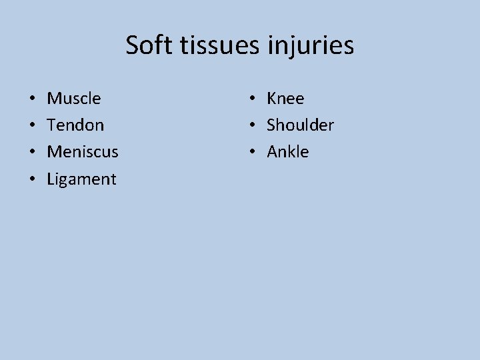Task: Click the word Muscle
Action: click(x=74, y=99)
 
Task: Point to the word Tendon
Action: click(x=75, y=125)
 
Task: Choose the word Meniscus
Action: click(x=83, y=152)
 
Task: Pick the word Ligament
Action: click(x=81, y=179)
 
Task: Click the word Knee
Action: click(x=285, y=99)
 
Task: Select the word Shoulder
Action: click(x=300, y=125)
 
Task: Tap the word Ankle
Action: click(x=288, y=152)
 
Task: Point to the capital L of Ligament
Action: click(x=51, y=179)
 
